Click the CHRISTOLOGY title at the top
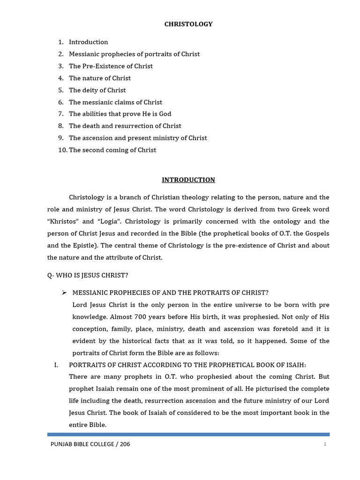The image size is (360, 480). (188, 24)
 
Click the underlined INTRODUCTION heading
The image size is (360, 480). (188, 180)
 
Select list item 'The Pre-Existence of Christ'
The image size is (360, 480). (111, 66)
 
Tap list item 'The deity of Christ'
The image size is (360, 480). (97, 90)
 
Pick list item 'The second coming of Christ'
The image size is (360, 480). (112, 150)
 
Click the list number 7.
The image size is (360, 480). (60, 114)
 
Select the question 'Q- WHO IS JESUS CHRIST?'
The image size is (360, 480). (88, 275)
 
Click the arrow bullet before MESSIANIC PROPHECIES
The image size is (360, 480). (64, 292)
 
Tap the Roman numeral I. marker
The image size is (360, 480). (57, 365)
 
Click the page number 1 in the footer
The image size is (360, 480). (324, 444)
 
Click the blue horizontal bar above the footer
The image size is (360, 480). (188, 435)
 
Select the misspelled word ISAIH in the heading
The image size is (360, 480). (295, 365)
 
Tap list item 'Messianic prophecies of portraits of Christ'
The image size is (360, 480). (134, 54)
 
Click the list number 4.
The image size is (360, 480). (60, 78)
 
